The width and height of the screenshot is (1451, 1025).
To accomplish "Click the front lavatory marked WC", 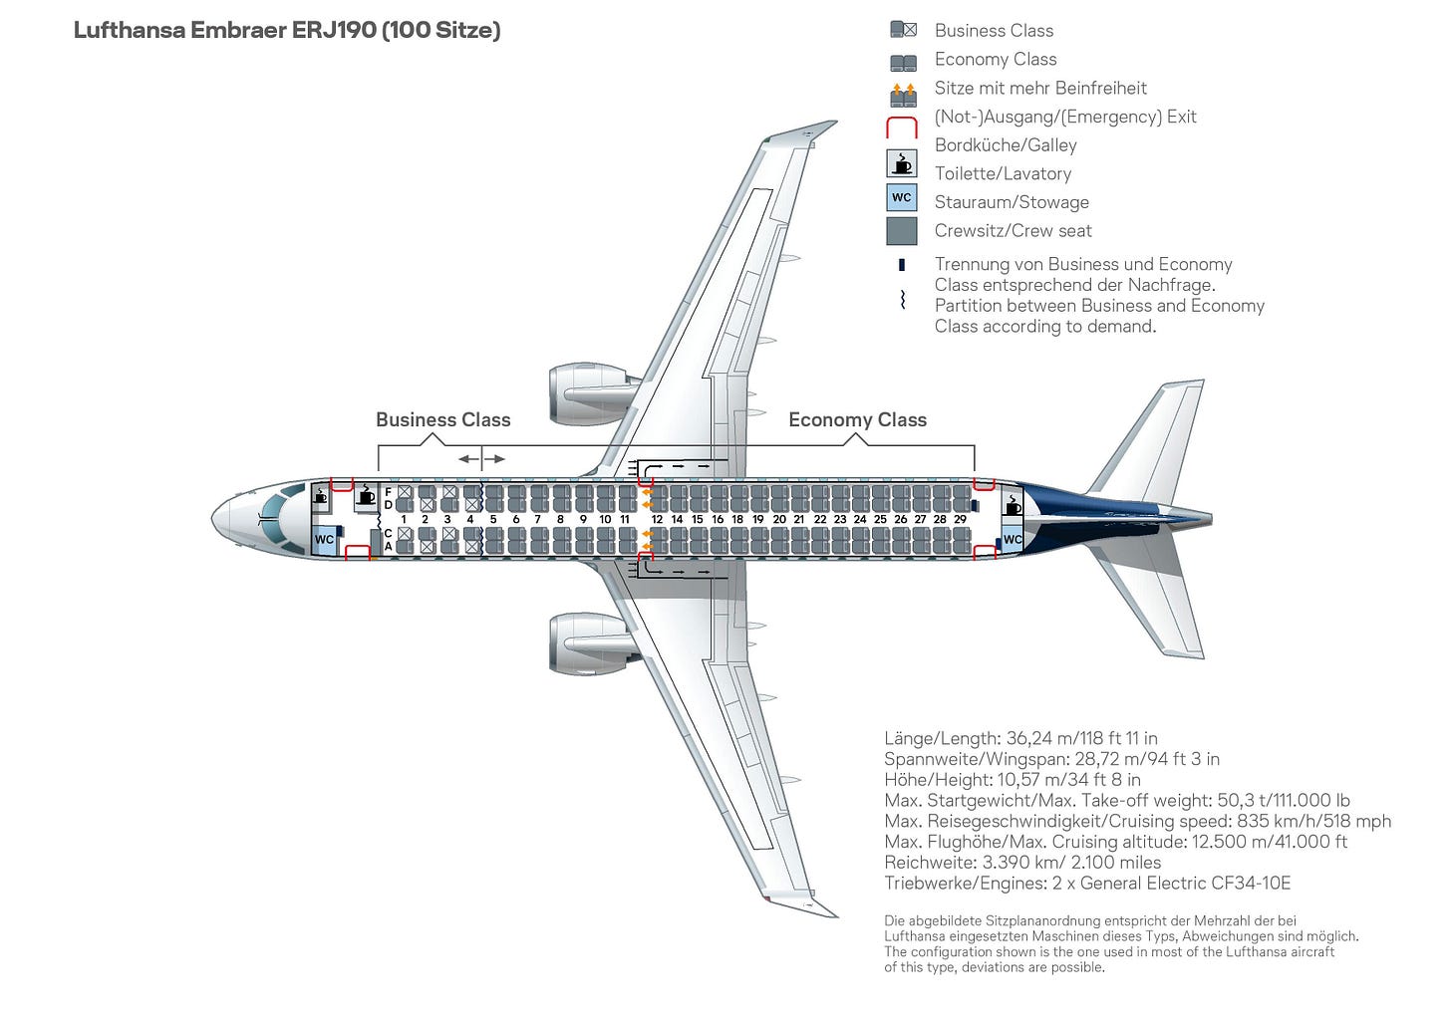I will point(324,540).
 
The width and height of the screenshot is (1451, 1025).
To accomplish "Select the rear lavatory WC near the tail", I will point(1012,539).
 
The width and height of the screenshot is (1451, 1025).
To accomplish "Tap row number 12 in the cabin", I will point(657,519).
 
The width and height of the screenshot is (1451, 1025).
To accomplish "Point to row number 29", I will point(960,519).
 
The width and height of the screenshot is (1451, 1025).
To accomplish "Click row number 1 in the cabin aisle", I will point(404,519).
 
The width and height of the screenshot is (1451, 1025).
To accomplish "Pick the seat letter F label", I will point(388,492).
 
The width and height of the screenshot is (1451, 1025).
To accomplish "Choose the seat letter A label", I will point(388,546).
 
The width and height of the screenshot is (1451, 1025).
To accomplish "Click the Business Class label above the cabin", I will point(442,420).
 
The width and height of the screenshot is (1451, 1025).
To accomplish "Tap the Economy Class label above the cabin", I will point(857,420).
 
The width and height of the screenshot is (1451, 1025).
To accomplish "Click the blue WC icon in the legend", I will point(901,197).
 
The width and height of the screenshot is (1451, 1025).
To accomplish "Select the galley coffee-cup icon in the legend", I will point(901,163).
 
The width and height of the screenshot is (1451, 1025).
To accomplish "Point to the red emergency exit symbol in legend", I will point(901,127).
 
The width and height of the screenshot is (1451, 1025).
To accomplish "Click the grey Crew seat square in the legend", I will point(901,231).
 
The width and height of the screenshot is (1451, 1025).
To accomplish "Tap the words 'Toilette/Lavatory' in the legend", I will point(1003,173).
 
